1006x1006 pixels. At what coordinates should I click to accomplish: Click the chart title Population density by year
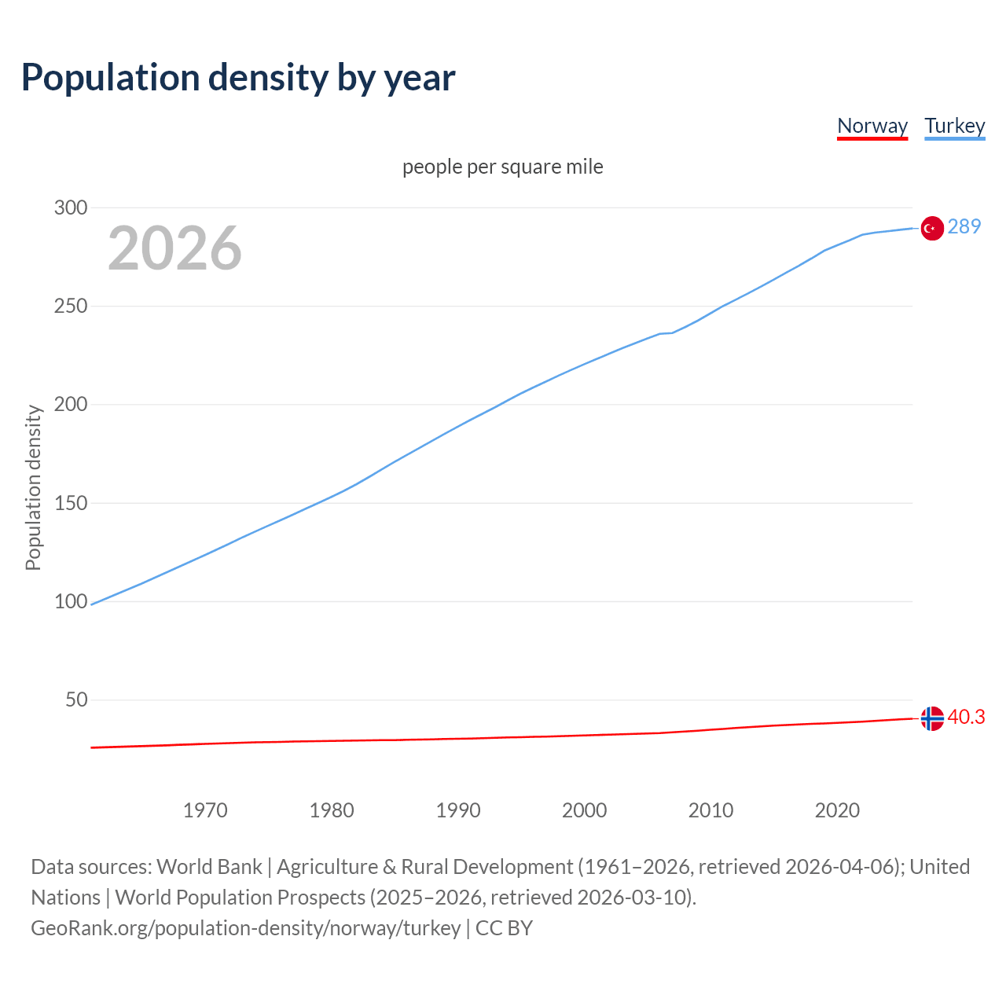[x=238, y=78]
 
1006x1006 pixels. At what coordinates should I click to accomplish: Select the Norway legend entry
[x=872, y=126]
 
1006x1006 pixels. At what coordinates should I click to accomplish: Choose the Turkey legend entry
[x=955, y=126]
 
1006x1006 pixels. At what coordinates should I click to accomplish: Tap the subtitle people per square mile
[x=503, y=167]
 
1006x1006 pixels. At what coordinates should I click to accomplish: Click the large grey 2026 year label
[x=174, y=248]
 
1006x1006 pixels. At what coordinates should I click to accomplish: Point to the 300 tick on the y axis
[x=71, y=208]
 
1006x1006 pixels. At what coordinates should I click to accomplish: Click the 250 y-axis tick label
[x=71, y=307]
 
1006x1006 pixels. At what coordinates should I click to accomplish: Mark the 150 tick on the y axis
[x=71, y=503]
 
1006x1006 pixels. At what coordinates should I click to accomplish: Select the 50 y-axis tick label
[x=76, y=699]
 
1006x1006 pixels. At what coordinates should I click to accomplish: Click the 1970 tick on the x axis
[x=205, y=810]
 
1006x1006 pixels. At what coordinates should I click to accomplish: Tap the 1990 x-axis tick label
[x=458, y=810]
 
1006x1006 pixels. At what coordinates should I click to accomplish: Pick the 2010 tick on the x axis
[x=710, y=810]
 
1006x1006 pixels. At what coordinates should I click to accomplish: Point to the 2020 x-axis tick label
[x=837, y=810]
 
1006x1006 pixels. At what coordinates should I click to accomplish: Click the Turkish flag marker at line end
[x=932, y=228]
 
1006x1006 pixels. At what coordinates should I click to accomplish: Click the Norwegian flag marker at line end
[x=932, y=718]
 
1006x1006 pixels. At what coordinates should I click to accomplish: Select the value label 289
[x=964, y=227]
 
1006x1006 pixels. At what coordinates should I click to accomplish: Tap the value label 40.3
[x=966, y=718]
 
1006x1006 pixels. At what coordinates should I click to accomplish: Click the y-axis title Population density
[x=33, y=487]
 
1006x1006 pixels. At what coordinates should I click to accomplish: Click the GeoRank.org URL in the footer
[x=246, y=928]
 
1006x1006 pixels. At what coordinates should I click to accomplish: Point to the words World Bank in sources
[x=209, y=867]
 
